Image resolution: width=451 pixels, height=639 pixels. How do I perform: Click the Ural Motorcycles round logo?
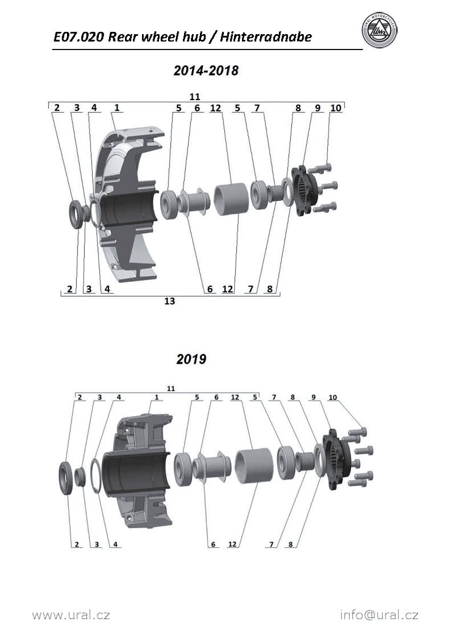[380, 30]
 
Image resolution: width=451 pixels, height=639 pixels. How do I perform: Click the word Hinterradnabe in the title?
[266, 37]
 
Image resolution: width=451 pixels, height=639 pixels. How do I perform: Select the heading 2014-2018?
[206, 70]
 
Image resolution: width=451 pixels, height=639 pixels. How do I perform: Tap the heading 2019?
[191, 359]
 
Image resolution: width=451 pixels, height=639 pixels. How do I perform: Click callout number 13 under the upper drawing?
[170, 301]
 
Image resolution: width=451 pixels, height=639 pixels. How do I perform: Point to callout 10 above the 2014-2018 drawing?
[336, 108]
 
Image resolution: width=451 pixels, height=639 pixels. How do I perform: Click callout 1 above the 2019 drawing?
[156, 397]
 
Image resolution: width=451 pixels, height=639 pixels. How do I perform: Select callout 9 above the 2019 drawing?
[314, 397]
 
